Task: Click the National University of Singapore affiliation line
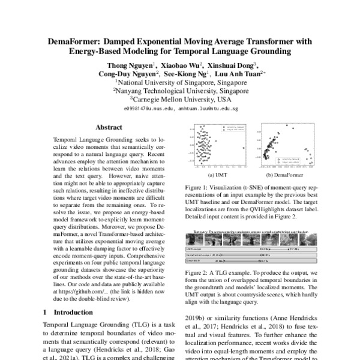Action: click(181, 83)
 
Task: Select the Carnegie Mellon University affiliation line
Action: click(181, 100)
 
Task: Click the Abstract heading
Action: click(109, 127)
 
